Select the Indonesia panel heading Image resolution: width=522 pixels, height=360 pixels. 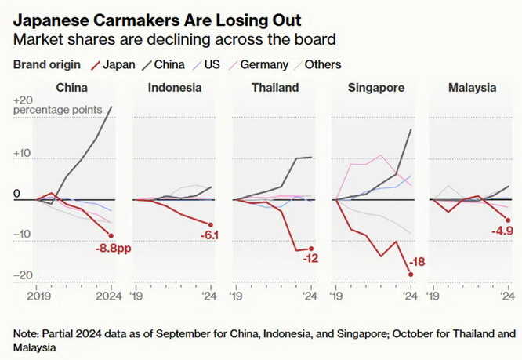174,88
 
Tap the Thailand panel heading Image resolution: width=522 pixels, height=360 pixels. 274,88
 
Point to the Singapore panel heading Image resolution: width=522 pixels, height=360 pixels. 375,88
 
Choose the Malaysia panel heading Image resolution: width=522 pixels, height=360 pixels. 473,88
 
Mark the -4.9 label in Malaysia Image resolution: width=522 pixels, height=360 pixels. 503,231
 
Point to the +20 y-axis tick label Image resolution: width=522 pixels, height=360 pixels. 23,100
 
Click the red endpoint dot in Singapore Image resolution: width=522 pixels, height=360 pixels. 411,274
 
